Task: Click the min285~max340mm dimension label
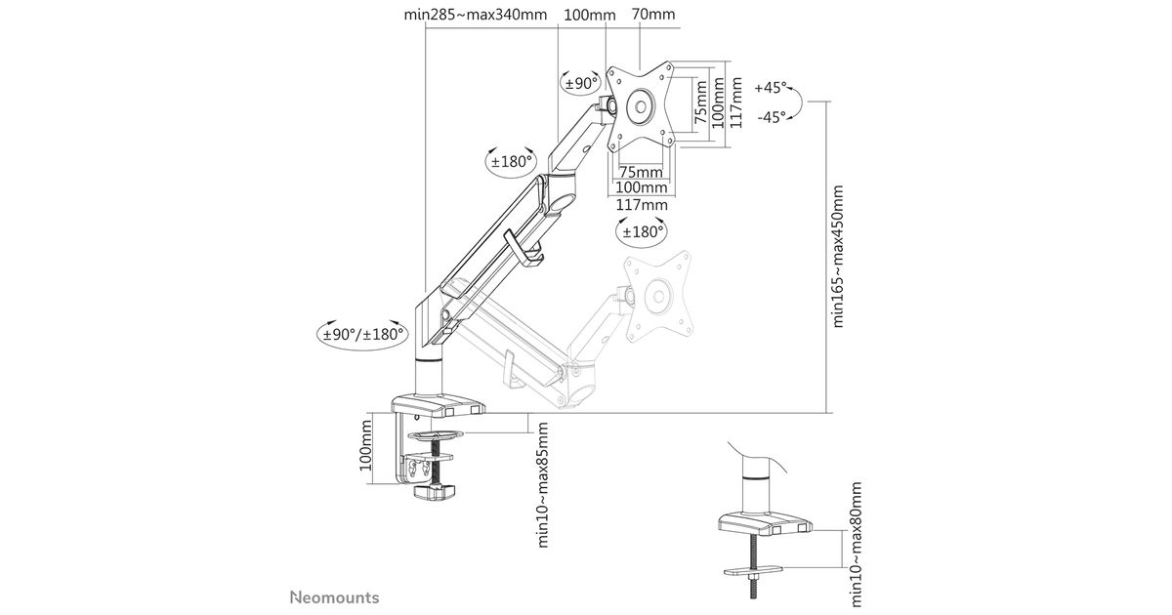(475, 15)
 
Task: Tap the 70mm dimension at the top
(653, 15)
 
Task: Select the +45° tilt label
(771, 87)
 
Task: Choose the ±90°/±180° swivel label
(363, 334)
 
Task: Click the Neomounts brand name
(334, 596)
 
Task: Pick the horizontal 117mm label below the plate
(642, 205)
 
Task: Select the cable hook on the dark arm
(523, 249)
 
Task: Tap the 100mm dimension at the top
(590, 15)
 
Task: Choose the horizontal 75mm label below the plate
(642, 173)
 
